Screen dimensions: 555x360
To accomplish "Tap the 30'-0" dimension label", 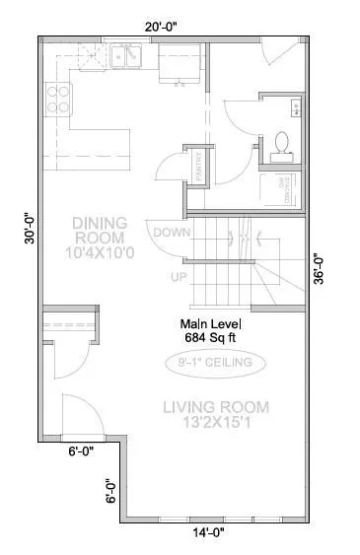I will tap(31, 229).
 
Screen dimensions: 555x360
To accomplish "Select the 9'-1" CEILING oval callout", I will tap(215, 364).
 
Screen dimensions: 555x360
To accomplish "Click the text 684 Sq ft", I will tap(211, 337).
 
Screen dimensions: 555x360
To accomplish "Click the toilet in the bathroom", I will tap(280, 144).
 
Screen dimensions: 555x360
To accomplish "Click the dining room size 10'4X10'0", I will tap(99, 252).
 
